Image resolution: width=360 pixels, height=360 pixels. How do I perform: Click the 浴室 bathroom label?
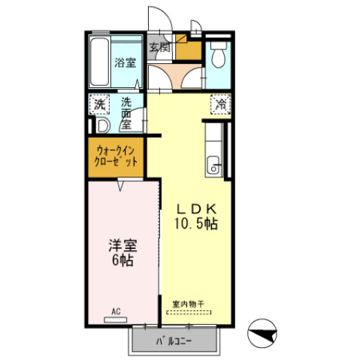tap(125, 63)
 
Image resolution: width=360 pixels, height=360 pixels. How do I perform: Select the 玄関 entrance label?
tap(159, 47)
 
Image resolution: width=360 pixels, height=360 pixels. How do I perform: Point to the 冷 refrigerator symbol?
tap(220, 104)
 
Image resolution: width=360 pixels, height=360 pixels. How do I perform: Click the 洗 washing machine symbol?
tap(100, 105)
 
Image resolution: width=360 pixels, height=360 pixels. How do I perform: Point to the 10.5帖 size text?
tap(198, 225)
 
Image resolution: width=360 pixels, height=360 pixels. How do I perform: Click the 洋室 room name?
tap(121, 245)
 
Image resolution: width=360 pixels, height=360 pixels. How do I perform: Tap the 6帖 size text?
tap(121, 261)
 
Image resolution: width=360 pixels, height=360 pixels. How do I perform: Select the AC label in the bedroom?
tap(116, 310)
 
